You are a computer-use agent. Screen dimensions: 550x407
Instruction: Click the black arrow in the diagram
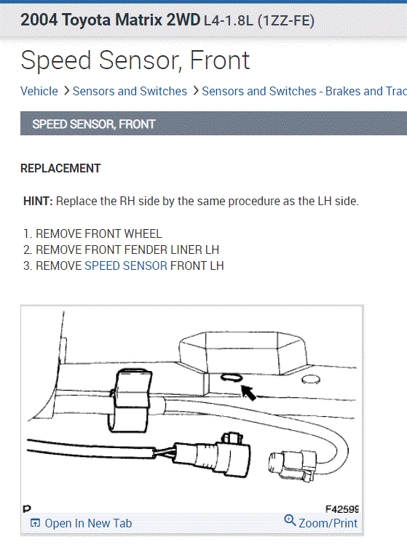click(249, 394)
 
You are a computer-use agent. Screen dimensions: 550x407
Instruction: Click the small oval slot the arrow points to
click(232, 377)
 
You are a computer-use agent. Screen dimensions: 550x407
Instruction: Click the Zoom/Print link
click(328, 523)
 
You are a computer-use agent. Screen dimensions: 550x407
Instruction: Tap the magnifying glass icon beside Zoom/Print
click(290, 521)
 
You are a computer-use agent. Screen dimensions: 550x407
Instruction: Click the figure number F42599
click(341, 509)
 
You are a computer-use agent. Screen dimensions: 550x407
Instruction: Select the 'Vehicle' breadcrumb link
click(39, 91)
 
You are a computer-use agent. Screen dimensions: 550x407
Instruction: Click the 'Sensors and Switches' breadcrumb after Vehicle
click(130, 91)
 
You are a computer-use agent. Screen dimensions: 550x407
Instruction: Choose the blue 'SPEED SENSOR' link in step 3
click(125, 266)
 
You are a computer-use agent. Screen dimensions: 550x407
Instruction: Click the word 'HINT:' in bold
click(38, 201)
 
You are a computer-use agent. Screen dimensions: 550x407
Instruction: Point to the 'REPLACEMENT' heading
click(60, 168)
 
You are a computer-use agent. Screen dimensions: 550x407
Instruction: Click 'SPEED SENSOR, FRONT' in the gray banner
click(94, 124)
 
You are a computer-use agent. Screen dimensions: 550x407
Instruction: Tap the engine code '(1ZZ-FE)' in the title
click(286, 20)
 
